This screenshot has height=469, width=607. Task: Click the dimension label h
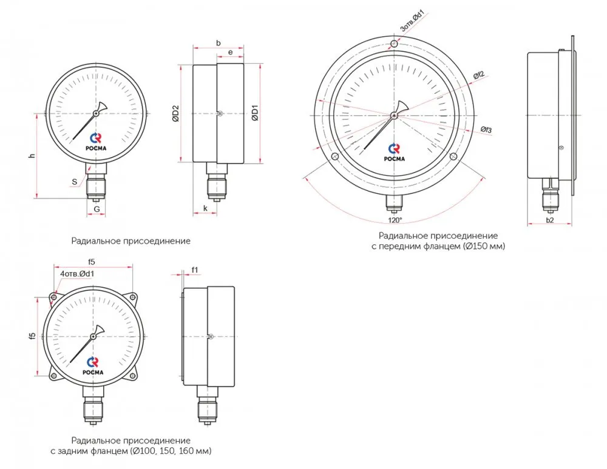33,156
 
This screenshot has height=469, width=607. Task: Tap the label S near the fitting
74,182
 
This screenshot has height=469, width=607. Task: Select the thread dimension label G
97,209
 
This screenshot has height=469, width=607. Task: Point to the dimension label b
219,43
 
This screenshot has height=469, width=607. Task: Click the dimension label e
230,52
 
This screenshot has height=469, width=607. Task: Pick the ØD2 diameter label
175,113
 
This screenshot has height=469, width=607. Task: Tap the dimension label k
206,208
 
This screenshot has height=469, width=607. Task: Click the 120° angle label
395,220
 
